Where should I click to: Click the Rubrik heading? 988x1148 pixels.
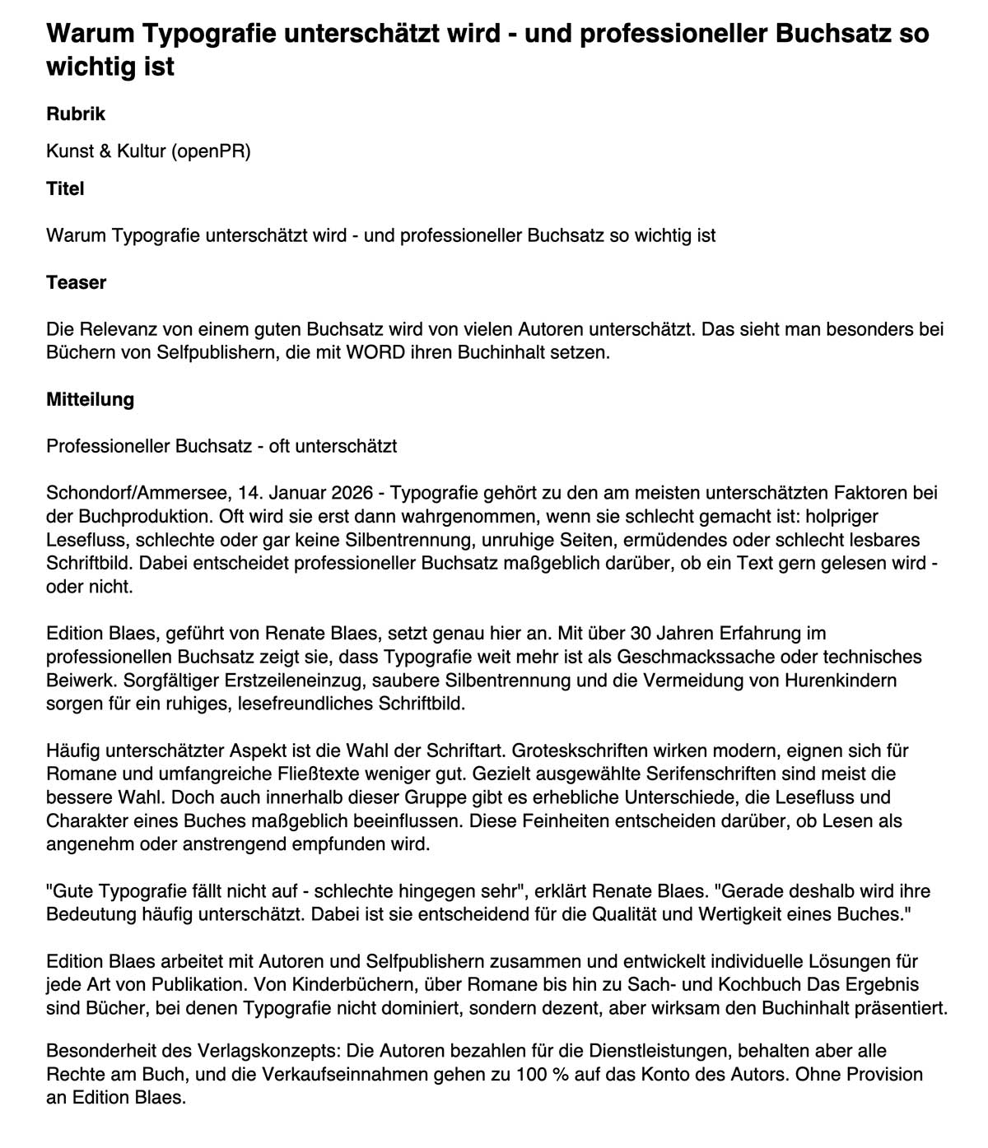coord(76,114)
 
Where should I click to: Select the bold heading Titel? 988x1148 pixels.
coord(65,188)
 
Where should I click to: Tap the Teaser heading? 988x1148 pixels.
coord(77,282)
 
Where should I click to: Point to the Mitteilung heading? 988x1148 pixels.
coord(90,400)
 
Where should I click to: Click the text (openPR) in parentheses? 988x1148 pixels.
coord(211,151)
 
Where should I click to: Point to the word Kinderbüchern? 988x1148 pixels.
coord(339,985)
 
